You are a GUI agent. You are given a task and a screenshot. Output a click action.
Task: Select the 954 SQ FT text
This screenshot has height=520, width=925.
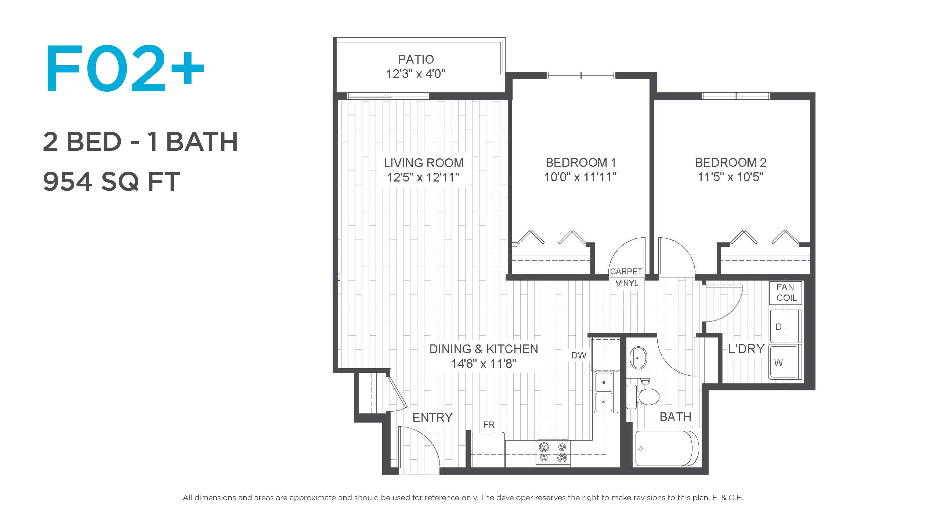pyautogui.click(x=111, y=181)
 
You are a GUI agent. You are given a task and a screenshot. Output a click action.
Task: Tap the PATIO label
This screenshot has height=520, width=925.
pyautogui.click(x=416, y=59)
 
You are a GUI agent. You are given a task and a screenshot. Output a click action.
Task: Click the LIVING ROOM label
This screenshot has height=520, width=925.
pyautogui.click(x=424, y=163)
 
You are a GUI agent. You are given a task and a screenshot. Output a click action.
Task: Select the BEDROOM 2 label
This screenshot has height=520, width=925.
pyautogui.click(x=731, y=162)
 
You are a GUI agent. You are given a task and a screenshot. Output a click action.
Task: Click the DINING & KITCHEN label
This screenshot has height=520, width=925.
pyautogui.click(x=484, y=349)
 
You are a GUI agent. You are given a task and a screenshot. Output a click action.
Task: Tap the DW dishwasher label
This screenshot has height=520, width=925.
pyautogui.click(x=579, y=355)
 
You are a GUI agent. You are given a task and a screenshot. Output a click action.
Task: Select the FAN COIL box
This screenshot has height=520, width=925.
pyautogui.click(x=786, y=292)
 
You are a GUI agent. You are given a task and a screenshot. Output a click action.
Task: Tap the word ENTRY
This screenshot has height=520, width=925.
pyautogui.click(x=432, y=417)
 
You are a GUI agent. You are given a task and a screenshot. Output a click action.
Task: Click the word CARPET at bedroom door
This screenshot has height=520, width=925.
pyautogui.click(x=626, y=271)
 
